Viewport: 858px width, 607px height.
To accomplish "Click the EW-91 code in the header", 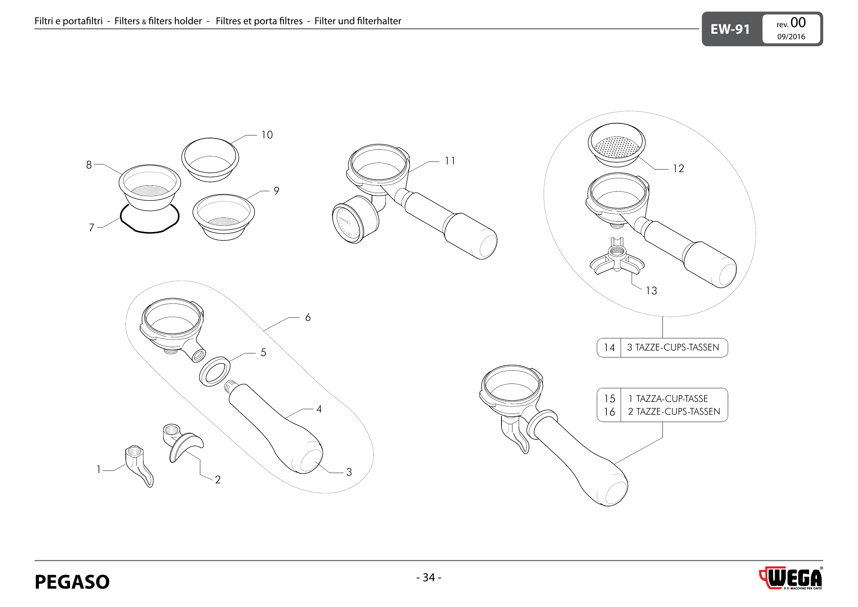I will pyautogui.click(x=730, y=29).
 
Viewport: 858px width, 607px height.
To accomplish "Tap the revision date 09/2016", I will pyautogui.click(x=791, y=37).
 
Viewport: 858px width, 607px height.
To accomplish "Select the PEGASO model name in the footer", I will pyautogui.click(x=72, y=582).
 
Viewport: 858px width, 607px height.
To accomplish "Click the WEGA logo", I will pyautogui.click(x=792, y=578).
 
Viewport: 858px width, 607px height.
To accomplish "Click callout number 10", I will pyautogui.click(x=267, y=135).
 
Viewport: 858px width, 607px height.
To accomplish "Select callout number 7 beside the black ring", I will pyautogui.click(x=92, y=228).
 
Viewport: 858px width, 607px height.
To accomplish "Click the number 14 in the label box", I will pyautogui.click(x=609, y=348).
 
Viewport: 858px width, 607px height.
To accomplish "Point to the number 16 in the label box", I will pyautogui.click(x=609, y=412).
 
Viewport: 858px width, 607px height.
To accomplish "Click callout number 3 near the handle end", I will pyautogui.click(x=349, y=472).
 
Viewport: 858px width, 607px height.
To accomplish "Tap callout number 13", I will pyautogui.click(x=651, y=291).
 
